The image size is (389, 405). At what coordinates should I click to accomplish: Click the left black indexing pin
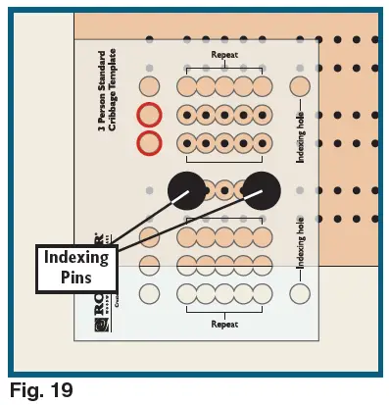pos(187,189)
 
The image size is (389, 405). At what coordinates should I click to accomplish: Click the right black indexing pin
pos(262,189)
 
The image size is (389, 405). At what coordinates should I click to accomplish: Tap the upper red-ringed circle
pos(149,115)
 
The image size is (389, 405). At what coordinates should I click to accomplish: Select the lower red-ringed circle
pos(149,143)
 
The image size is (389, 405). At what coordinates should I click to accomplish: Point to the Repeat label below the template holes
pos(224,323)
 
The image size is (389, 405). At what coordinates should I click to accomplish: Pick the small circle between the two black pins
pos(224,189)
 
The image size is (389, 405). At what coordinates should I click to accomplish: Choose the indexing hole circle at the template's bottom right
pos(300,292)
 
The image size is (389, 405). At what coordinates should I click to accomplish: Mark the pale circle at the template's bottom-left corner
pos(149,292)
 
